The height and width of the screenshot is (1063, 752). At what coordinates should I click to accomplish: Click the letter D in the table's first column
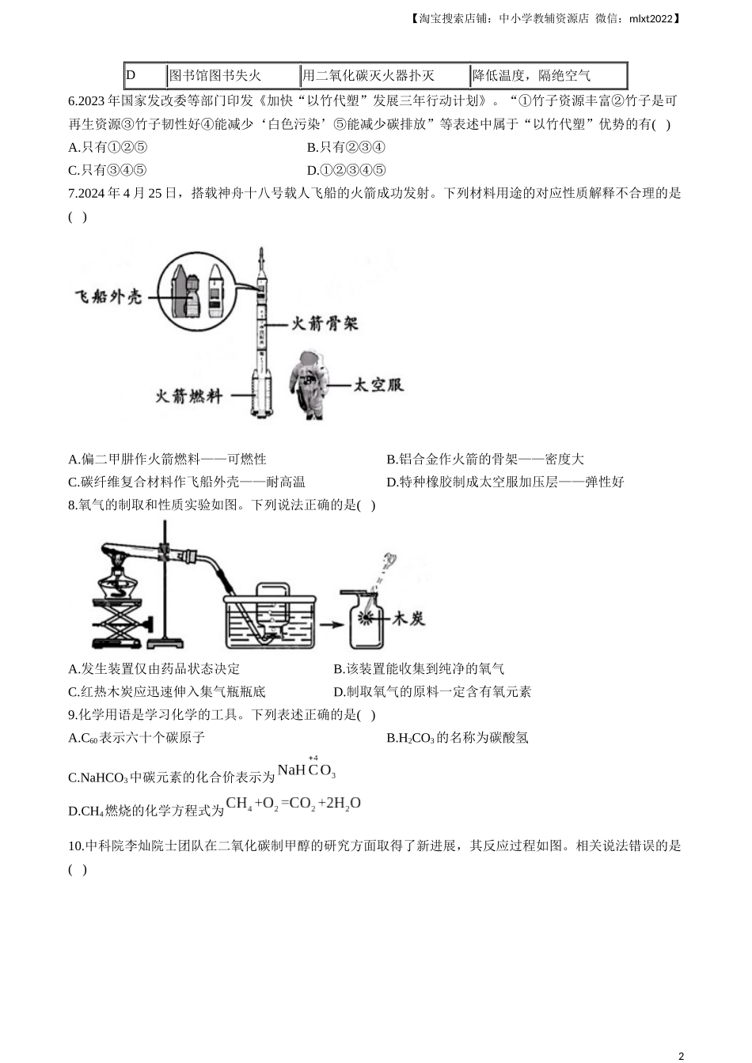(x=131, y=75)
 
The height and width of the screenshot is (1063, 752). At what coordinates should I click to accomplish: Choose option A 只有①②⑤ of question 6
(x=108, y=147)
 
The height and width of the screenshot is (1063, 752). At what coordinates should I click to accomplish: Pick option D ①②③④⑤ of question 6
(x=346, y=170)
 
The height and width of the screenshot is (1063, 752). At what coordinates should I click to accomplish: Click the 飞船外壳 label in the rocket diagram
(x=108, y=297)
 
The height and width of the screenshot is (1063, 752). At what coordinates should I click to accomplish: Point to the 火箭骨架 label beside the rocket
(x=325, y=323)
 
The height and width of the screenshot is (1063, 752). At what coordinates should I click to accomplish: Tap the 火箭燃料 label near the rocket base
(x=189, y=395)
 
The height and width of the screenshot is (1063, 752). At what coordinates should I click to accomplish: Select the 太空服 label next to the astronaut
(x=378, y=384)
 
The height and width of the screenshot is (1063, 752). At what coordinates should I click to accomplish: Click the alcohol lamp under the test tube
(x=118, y=581)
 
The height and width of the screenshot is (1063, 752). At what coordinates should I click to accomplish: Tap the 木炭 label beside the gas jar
(x=408, y=619)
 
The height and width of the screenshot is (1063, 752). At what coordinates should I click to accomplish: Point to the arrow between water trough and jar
(x=331, y=625)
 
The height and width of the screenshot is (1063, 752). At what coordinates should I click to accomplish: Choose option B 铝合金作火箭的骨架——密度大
(x=485, y=459)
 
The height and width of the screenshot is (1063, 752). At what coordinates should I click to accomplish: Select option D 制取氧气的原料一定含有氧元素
(x=432, y=691)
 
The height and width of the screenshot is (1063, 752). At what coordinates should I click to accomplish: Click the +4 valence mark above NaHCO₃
(x=313, y=758)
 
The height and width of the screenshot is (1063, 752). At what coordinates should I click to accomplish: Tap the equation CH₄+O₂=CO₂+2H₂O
(x=293, y=803)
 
